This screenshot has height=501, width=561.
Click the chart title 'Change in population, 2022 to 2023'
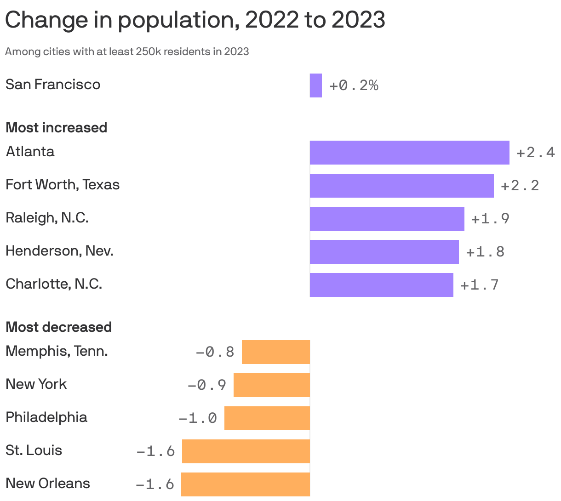point(195,20)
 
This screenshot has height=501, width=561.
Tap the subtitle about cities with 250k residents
point(127,51)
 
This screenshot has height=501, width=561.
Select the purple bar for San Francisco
point(315,85)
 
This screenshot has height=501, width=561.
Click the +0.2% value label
point(354,85)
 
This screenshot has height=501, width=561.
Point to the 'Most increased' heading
point(56,127)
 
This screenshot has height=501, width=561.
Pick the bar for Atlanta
point(409,153)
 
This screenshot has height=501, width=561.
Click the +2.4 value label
point(536,153)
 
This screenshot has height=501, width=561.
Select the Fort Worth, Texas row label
point(63,185)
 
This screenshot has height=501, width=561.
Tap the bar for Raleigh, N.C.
point(387,219)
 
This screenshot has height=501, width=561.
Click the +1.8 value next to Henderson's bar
point(485,252)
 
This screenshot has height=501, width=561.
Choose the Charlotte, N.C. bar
point(381,285)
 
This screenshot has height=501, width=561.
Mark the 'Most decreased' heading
point(58,327)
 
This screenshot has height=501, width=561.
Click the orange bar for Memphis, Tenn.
point(276,352)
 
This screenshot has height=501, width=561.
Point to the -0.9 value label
point(207,385)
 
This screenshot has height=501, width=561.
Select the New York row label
point(36,384)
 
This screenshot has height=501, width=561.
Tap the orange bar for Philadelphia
point(267,418)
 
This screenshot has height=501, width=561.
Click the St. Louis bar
point(246,451)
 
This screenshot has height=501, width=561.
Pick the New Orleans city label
point(48,484)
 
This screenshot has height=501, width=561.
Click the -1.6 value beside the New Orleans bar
point(155,484)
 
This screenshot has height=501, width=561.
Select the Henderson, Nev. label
point(59,251)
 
